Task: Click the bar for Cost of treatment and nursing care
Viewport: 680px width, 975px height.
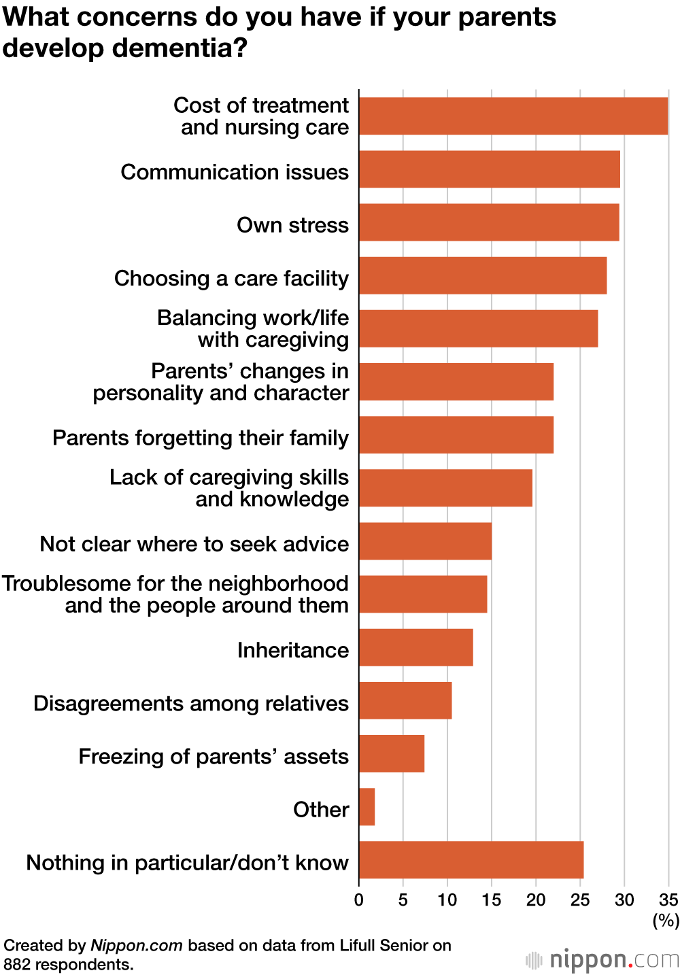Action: tap(513, 116)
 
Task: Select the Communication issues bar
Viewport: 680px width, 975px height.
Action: tap(490, 169)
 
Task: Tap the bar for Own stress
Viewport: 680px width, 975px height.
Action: tap(489, 222)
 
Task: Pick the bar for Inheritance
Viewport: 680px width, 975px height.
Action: tap(416, 647)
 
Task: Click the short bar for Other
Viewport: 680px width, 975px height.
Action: tap(367, 806)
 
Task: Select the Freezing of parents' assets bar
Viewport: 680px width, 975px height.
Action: tap(392, 753)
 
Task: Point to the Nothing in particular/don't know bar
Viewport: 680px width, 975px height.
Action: tap(471, 859)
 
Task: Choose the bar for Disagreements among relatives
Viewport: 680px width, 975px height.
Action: tap(405, 700)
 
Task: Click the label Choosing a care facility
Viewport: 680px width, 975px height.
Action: tap(231, 278)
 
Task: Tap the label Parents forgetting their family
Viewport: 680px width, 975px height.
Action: tap(201, 437)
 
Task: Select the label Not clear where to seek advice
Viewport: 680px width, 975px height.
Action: tap(194, 544)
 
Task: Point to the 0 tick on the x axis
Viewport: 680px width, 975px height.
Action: tap(359, 900)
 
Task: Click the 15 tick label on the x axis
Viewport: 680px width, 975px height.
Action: tap(492, 900)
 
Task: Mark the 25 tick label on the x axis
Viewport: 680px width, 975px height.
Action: tap(580, 900)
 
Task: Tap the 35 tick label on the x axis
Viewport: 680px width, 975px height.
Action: tap(668, 900)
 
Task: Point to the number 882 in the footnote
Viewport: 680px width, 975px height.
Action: tap(17, 964)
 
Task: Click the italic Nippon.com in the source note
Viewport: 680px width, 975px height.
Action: tap(137, 945)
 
